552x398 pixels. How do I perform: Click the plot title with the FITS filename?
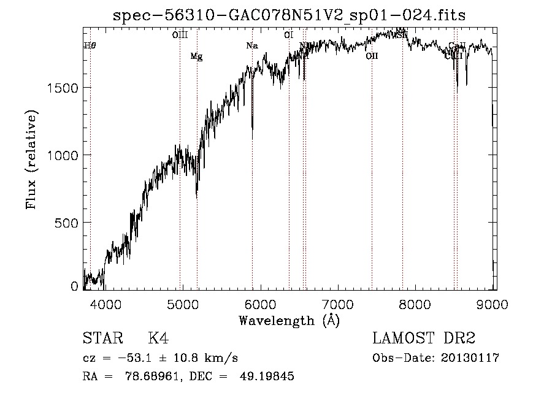coord(289,15)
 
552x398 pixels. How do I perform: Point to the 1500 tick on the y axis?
coord(62,88)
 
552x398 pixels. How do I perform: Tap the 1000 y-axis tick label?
coord(62,155)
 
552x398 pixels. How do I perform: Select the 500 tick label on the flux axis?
coord(67,222)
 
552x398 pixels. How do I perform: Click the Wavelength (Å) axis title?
coord(289,320)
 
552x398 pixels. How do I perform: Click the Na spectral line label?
coord(252,46)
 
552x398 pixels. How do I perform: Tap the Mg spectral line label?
coord(196,57)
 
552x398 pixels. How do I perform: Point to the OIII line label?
coord(180,35)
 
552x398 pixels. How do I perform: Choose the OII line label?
coord(372,56)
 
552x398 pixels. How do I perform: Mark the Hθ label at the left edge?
coord(90,46)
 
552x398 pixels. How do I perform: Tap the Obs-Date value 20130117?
coord(470,358)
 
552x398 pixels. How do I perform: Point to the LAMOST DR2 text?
coord(424,339)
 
